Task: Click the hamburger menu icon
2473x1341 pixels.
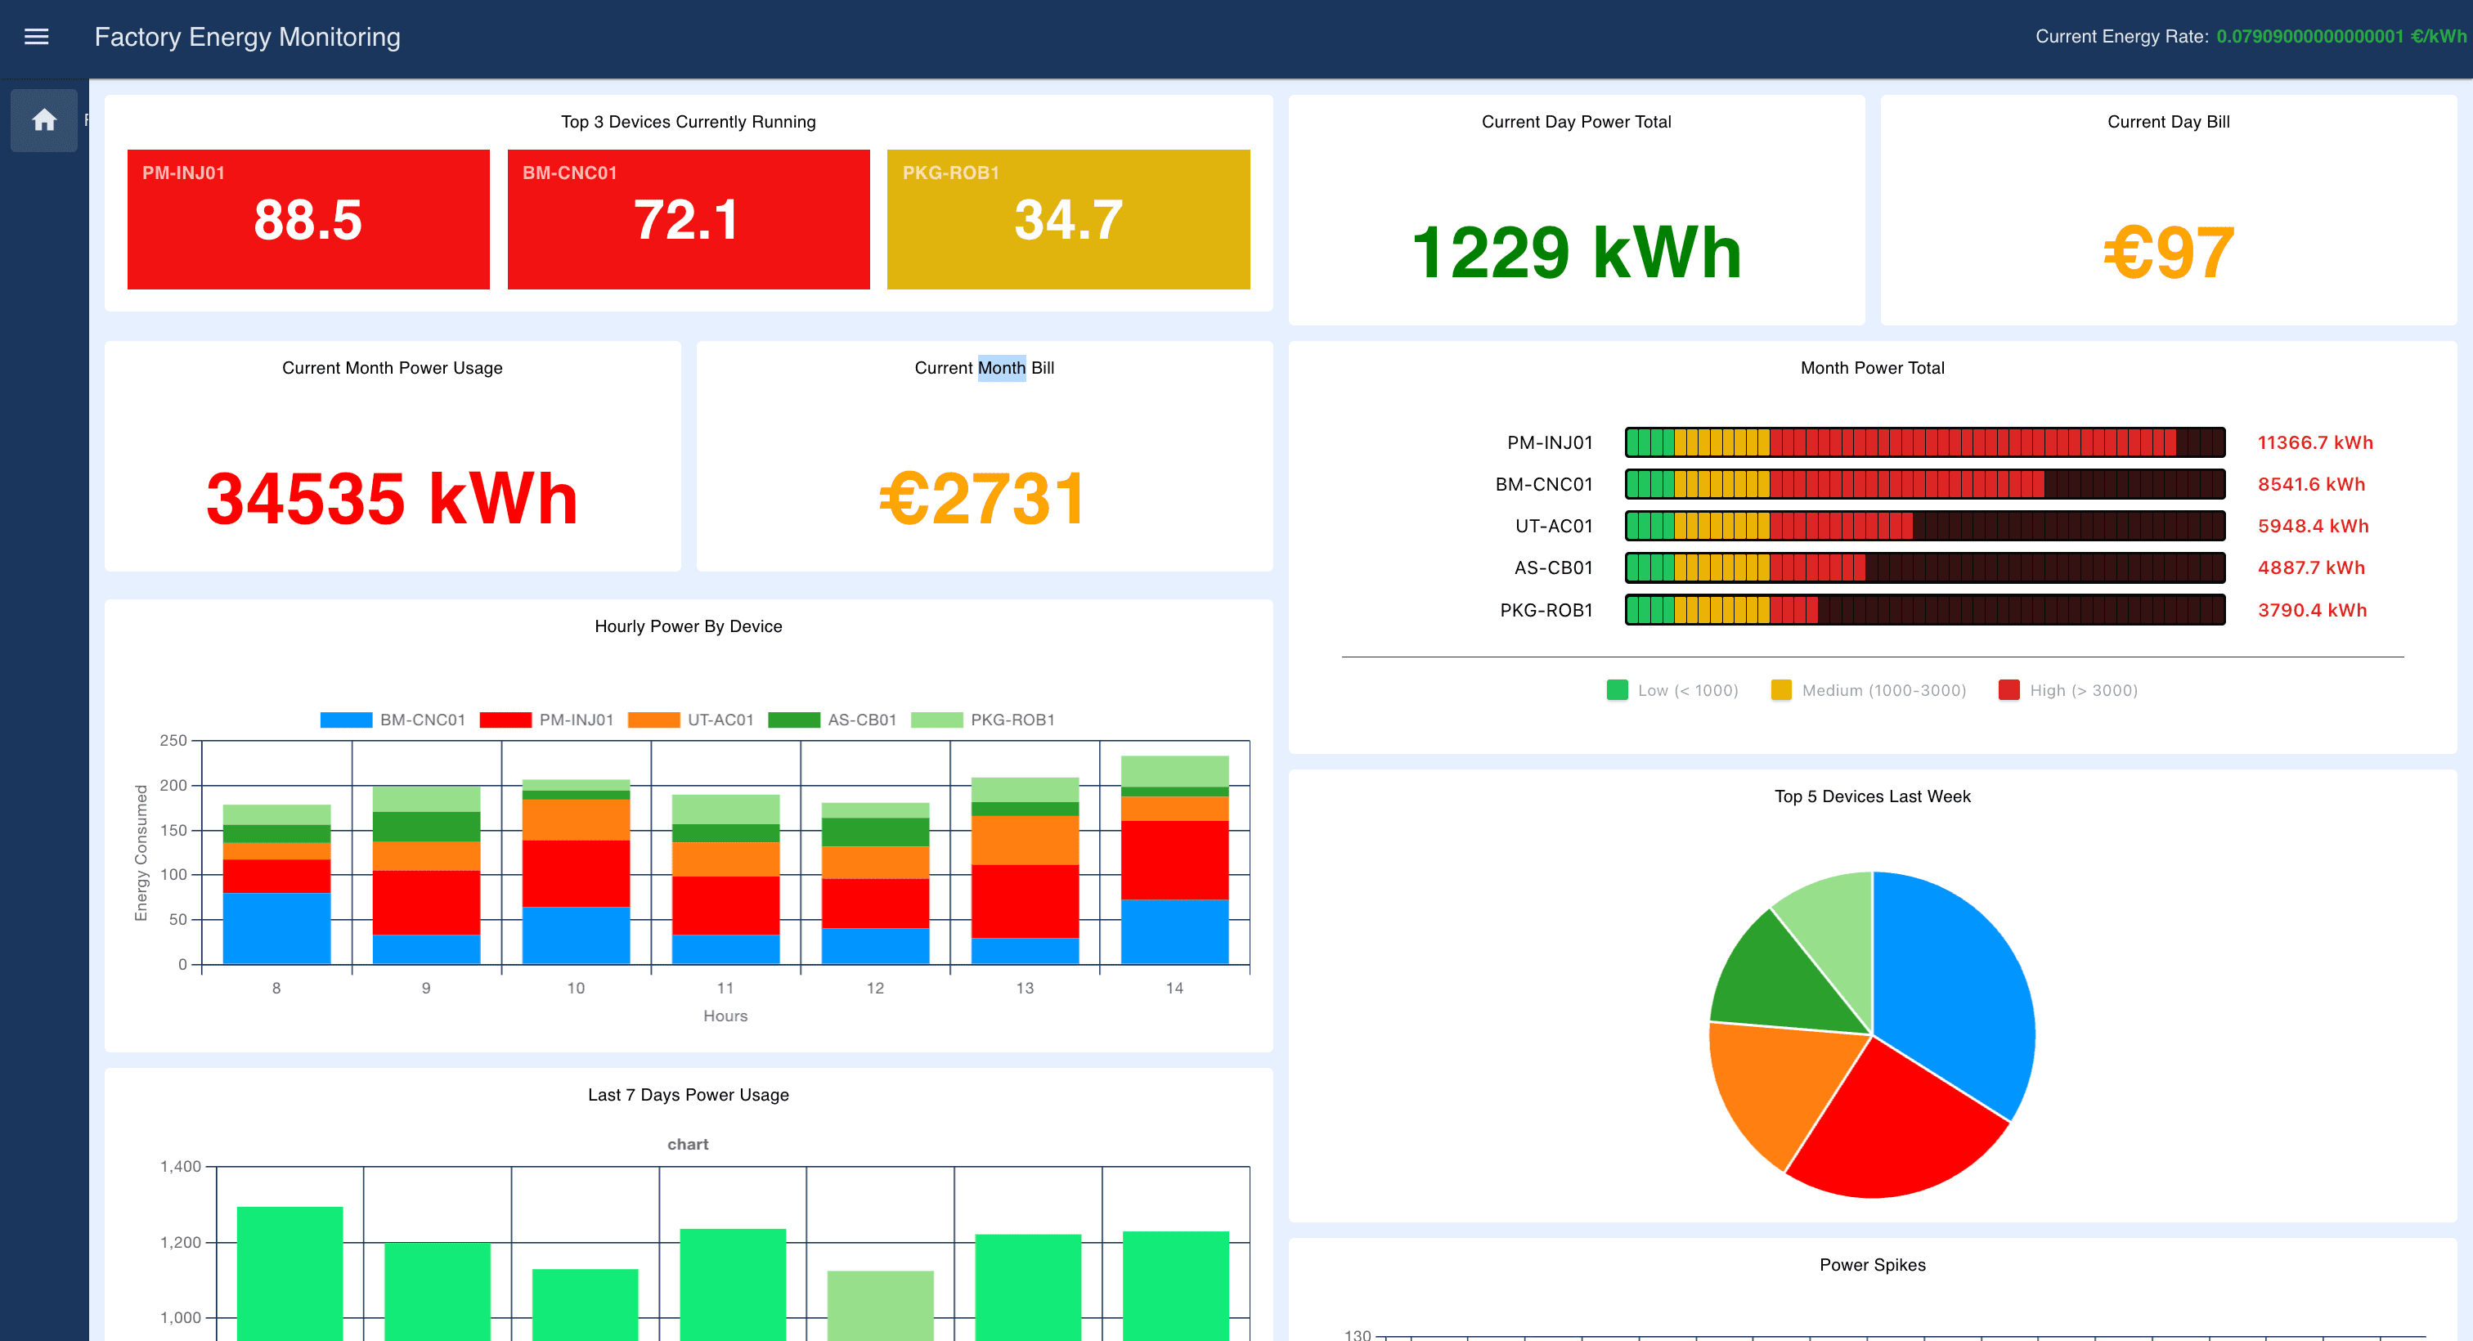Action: tap(37, 37)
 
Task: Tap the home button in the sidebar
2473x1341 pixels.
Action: tap(44, 120)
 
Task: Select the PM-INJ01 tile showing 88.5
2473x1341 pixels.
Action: tap(308, 219)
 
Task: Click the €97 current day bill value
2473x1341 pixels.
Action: tap(2168, 253)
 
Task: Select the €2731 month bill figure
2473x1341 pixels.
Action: tap(983, 498)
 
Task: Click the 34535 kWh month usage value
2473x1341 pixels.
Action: tap(392, 498)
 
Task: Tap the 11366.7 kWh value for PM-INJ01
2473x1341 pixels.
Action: tap(2314, 442)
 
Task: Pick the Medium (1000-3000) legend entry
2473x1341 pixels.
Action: tap(1867, 690)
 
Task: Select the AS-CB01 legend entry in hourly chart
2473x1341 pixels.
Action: tap(833, 720)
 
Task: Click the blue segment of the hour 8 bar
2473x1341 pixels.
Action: tap(276, 927)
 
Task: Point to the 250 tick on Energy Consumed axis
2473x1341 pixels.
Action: tap(173, 740)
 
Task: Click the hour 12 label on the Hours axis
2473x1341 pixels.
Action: tap(874, 988)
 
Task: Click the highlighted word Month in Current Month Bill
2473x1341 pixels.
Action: tap(1001, 368)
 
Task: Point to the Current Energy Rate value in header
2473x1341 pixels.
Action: tap(2340, 37)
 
